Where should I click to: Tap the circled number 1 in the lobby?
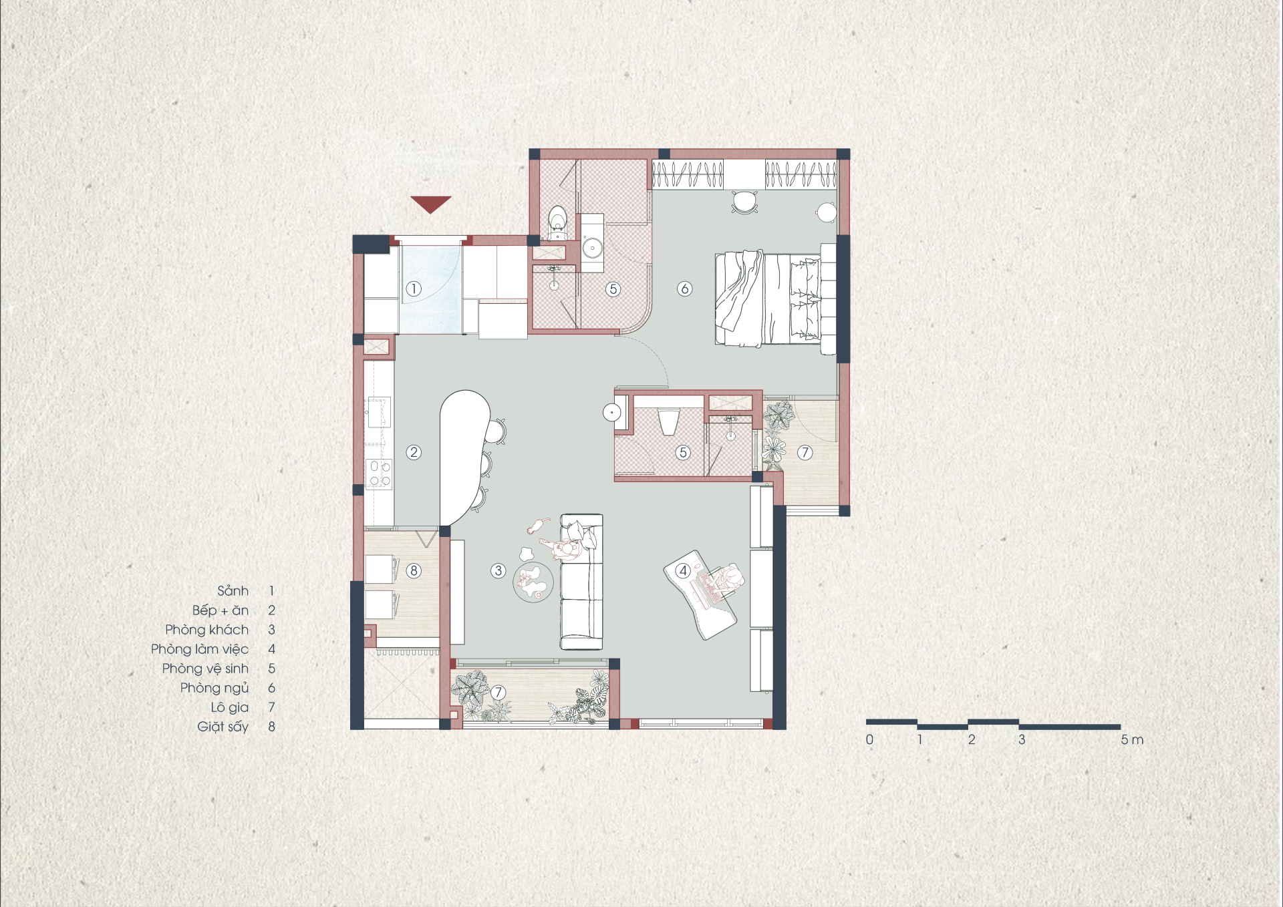[x=414, y=289]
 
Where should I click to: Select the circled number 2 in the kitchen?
[x=414, y=452]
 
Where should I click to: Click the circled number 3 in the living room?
[x=498, y=570]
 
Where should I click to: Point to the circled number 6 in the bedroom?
[x=684, y=289]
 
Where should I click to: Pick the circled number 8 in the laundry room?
[x=414, y=570]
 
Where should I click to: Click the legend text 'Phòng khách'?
[x=206, y=629]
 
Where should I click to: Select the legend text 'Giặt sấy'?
[x=223, y=727]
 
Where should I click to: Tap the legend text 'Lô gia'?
[x=229, y=707]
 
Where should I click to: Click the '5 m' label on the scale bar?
[x=1132, y=739]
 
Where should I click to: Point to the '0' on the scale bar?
[x=869, y=739]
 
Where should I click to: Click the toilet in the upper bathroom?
[x=557, y=222]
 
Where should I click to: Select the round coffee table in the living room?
[x=533, y=582]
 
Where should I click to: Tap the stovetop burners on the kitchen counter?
[x=379, y=474]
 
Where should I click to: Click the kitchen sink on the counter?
[x=378, y=413]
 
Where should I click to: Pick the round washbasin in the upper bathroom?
[x=592, y=248]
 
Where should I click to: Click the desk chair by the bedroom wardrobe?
[x=744, y=202]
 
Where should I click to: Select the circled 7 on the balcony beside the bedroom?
[x=805, y=452]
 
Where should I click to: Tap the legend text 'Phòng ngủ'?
[x=214, y=688]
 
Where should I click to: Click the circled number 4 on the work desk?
[x=682, y=570]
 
